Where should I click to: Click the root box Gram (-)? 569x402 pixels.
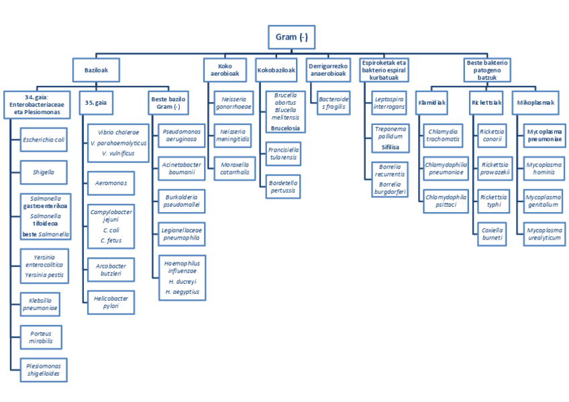point(291,37)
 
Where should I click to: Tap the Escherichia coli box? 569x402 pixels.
point(44,140)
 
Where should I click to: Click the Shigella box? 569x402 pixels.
point(44,172)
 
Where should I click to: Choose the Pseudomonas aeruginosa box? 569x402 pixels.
point(181,136)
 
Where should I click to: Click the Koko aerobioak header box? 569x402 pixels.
point(225,70)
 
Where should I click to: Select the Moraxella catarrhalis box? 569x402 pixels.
point(232,168)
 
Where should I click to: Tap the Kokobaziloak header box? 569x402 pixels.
point(276,70)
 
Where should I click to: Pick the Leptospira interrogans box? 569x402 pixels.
point(389,102)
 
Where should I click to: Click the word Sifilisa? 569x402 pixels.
point(390,146)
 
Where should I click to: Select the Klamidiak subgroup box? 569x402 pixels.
point(433,103)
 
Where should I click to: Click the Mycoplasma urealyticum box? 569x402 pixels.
point(544,234)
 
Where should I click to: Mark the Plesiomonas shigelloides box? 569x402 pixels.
point(44,370)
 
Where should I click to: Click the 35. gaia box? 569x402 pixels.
point(97,103)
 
